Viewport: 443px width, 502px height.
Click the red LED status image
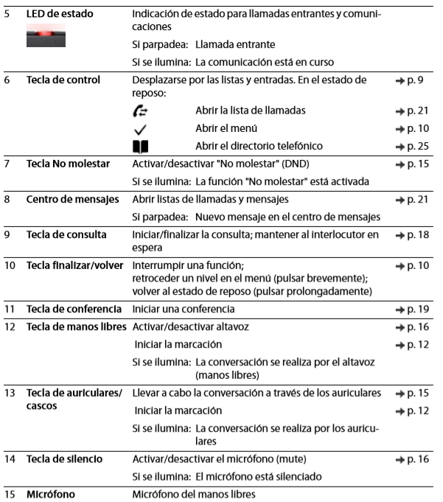coord(45,36)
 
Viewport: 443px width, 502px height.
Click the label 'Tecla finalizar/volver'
coord(74,265)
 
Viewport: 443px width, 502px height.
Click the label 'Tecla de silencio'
coord(65,459)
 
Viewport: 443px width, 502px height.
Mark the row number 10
coord(10,265)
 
